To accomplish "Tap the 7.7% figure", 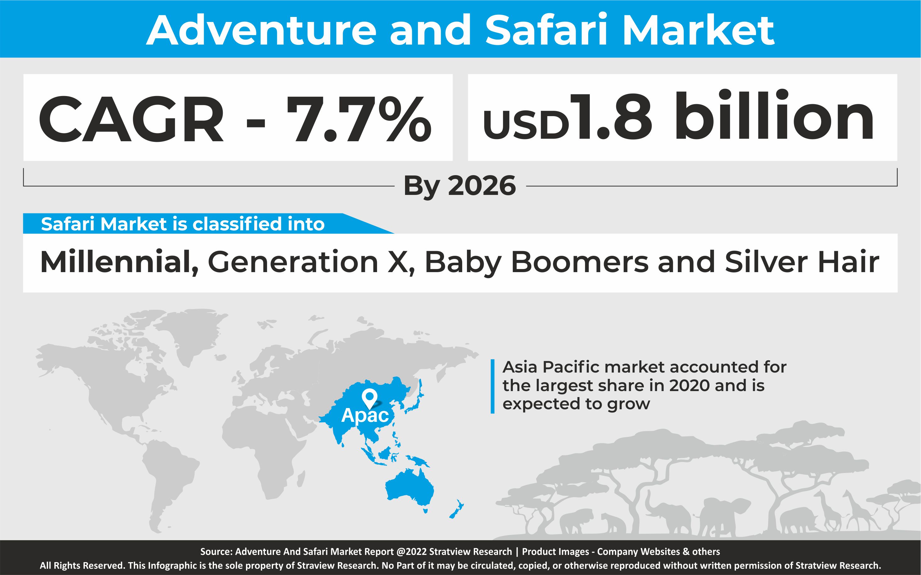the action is [359, 118].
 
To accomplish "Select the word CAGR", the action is [131, 118].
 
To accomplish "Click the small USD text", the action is [525, 124].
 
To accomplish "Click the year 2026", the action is [482, 186].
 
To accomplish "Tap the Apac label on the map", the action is [365, 415].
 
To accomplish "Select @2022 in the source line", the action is [412, 552].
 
